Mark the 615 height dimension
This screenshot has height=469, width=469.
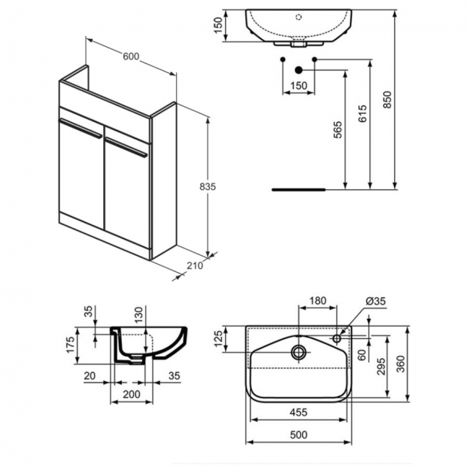[x=362, y=114]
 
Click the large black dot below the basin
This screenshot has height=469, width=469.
[x=297, y=70]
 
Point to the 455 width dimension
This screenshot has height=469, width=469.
[x=298, y=413]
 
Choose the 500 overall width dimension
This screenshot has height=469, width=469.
[x=298, y=434]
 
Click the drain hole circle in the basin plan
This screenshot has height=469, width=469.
[x=297, y=352]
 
